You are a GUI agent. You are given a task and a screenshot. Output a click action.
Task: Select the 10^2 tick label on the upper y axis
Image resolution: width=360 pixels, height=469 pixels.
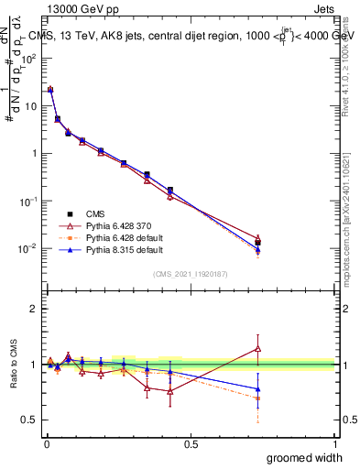tap(27, 58)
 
